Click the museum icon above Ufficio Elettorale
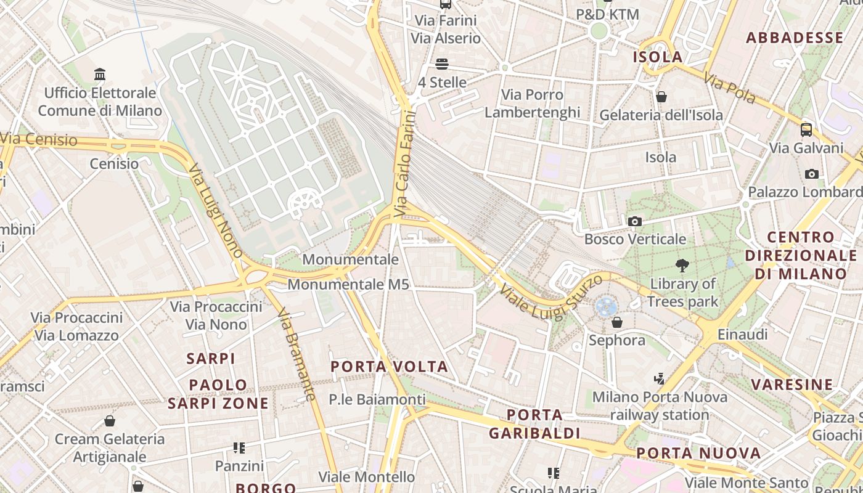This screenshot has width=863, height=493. tap(100, 75)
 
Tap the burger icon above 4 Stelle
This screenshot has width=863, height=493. tap(441, 63)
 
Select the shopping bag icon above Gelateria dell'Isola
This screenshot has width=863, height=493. tap(661, 97)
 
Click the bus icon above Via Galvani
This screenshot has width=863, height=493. tap(806, 129)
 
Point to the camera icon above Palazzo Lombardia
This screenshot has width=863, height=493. tap(812, 174)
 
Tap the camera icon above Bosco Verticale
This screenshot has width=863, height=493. tap(634, 221)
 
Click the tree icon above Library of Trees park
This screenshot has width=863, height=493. tap(682, 266)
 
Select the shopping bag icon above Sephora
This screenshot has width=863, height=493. tap(616, 322)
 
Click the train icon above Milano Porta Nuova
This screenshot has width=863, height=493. tap(659, 378)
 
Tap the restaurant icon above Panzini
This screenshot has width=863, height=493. tap(239, 448)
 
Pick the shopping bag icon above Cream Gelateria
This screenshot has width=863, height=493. tap(110, 421)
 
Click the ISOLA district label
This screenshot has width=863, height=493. tap(658, 57)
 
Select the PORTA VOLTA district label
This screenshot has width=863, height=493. tap(389, 367)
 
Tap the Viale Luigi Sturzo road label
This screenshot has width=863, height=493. tap(550, 298)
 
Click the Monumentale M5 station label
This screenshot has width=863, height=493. tap(348, 285)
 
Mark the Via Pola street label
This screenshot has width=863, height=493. tap(729, 90)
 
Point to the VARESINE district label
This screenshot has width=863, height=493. tap(791, 385)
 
